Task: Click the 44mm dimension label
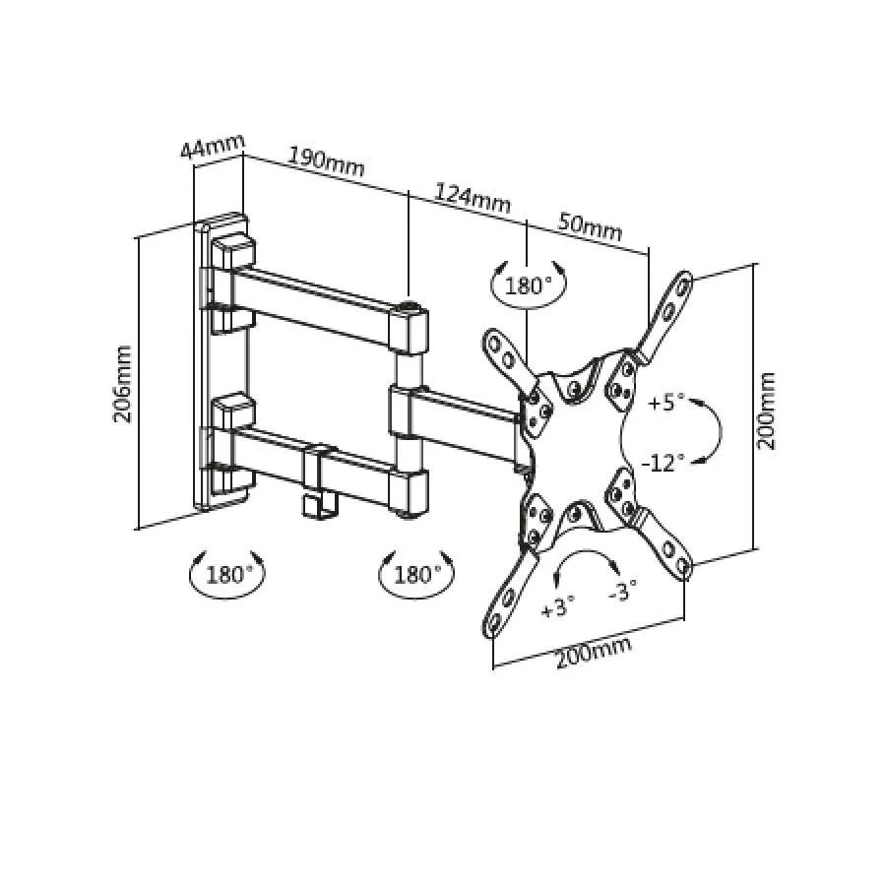213,147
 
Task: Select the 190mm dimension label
327,162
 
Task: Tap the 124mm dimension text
473,198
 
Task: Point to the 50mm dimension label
591,226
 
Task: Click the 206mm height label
123,384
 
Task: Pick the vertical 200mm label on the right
766,411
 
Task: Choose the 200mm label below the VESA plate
594,654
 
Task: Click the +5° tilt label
665,403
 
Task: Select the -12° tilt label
663,464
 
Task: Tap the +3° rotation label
558,607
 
